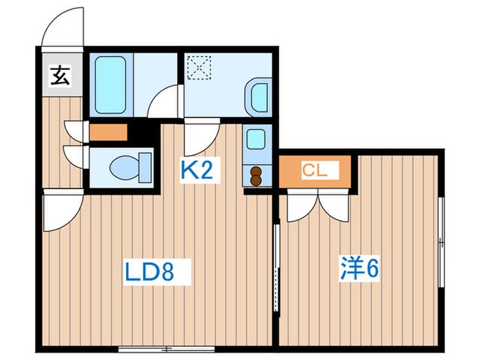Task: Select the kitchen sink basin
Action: [256, 140]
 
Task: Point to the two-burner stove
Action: [256, 176]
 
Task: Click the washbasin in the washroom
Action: [259, 96]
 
